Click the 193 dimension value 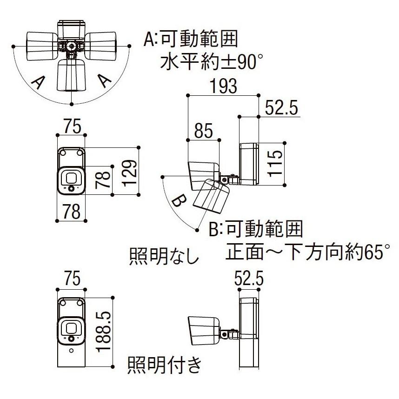tap(223, 86)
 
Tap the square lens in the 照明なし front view tap(71, 177)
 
